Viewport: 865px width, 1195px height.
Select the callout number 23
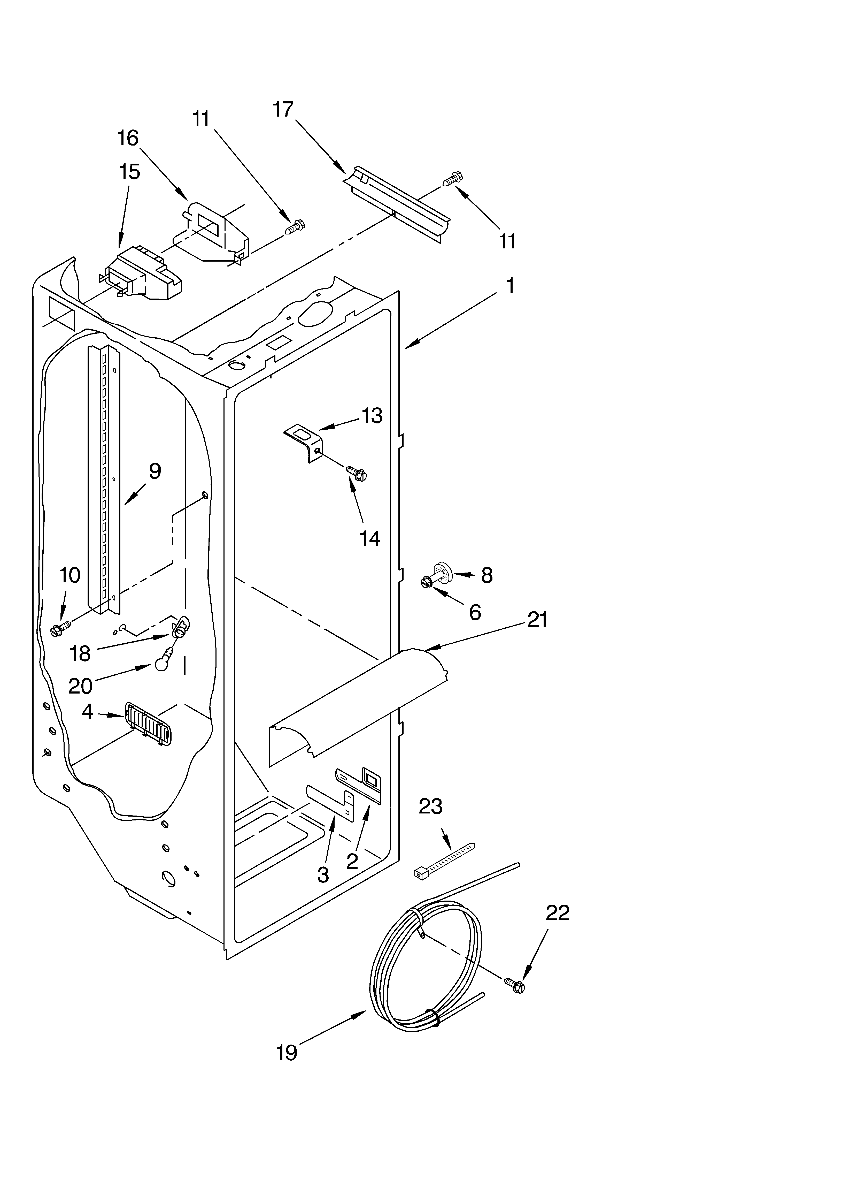(x=430, y=806)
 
